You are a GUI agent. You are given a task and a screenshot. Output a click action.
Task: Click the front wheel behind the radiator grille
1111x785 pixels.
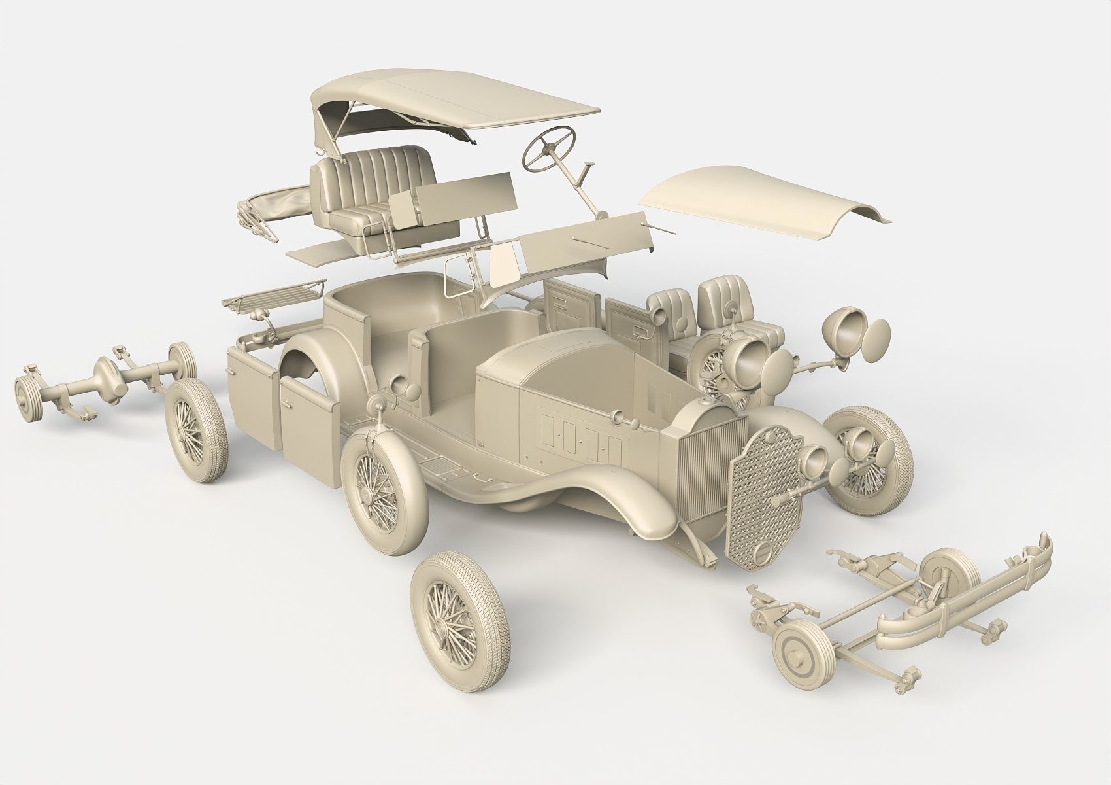point(869,458)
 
